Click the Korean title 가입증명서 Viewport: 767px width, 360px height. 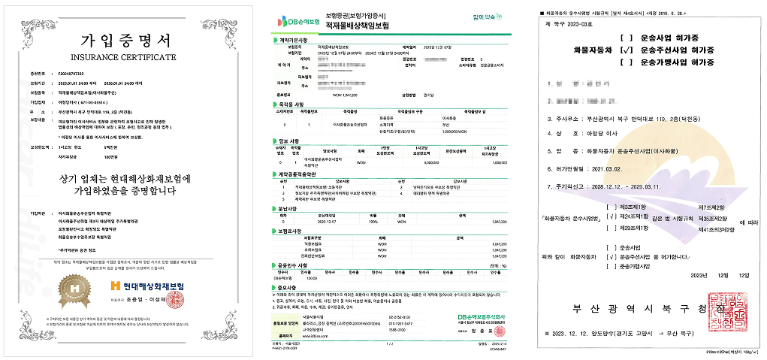click(125, 40)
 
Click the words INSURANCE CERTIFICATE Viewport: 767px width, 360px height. click(125, 56)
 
